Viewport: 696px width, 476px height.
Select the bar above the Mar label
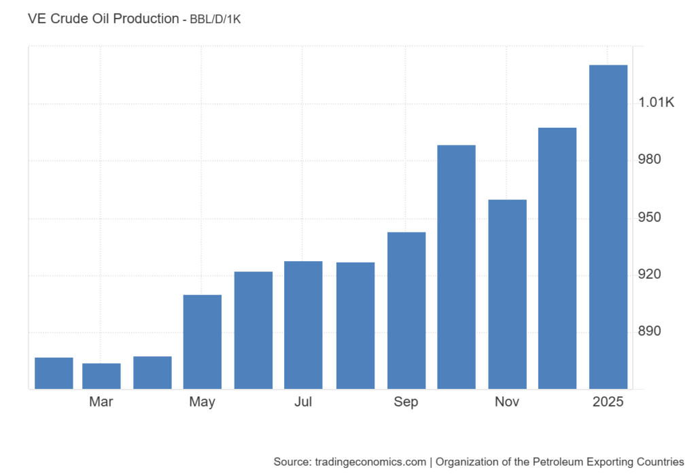(101, 376)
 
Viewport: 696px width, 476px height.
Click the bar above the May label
(203, 341)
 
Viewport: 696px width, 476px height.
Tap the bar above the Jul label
(303, 325)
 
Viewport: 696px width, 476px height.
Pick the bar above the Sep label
(406, 310)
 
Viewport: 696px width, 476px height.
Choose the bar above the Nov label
(507, 294)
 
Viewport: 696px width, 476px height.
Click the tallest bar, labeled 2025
(608, 226)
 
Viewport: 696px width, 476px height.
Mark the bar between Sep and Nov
(456, 267)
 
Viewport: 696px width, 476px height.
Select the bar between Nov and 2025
(557, 258)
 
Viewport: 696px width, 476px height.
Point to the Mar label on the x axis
(101, 402)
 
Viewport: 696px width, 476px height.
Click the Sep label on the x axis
(406, 402)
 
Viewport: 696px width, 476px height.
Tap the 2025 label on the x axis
(608, 402)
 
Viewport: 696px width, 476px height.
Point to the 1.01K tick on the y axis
(657, 103)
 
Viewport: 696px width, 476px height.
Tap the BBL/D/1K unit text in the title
(215, 20)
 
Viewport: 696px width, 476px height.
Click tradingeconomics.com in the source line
(368, 462)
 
